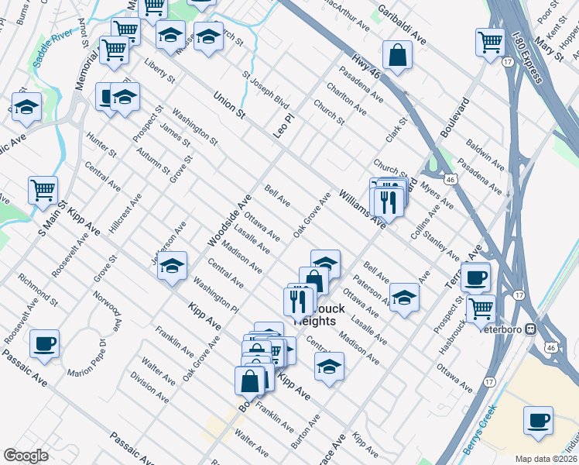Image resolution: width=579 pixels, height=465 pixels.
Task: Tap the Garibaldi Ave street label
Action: [x=402, y=24]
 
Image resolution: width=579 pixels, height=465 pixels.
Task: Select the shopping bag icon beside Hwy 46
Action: [x=397, y=55]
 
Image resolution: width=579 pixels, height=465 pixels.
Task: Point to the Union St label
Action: [x=229, y=104]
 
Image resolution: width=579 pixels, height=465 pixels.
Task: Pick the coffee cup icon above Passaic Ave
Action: [x=45, y=343]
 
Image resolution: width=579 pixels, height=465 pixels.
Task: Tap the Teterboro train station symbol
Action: [x=530, y=329]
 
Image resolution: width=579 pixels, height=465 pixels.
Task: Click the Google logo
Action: [x=26, y=456]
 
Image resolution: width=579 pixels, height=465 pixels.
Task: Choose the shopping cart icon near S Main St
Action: [x=43, y=190]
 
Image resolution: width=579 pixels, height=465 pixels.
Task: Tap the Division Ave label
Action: [x=149, y=387]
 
